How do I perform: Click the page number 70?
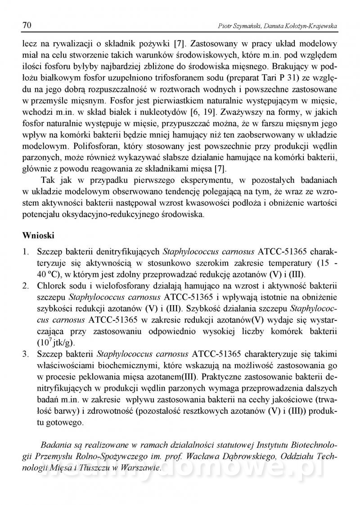(26, 26)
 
